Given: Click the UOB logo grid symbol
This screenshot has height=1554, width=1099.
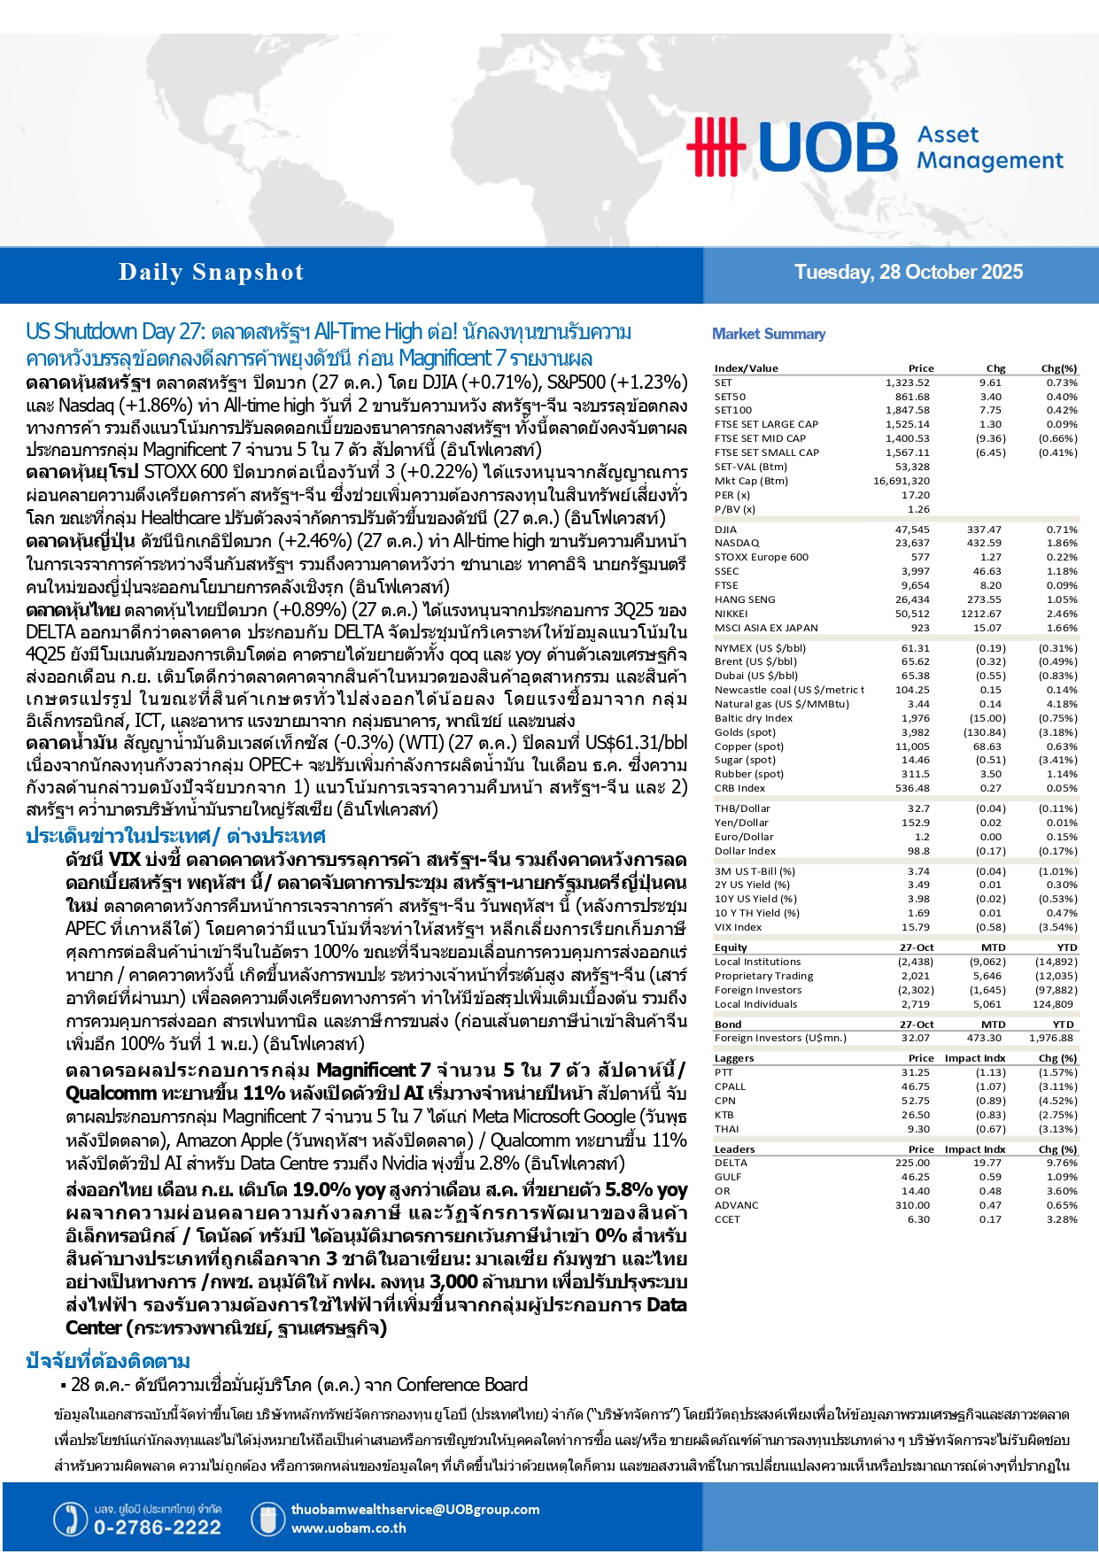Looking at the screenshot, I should coord(716,146).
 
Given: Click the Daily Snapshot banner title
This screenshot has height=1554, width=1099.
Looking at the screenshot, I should coord(211,273).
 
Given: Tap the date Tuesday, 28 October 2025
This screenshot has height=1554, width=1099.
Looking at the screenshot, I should coord(908,273).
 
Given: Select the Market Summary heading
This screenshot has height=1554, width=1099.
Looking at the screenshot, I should coord(769,334).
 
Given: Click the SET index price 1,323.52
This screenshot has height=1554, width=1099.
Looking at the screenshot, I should coord(907,383).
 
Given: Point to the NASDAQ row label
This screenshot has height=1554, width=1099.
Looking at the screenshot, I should coord(737,543).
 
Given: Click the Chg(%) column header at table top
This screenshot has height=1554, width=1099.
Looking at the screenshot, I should coord(1058,368).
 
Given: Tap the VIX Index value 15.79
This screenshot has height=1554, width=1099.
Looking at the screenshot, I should coord(916,927).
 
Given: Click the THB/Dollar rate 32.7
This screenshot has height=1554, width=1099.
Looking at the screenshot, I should coord(918,808).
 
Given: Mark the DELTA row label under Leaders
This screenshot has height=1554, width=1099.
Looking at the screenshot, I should coord(731,1163).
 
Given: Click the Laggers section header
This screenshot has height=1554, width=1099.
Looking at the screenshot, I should coord(734,1058).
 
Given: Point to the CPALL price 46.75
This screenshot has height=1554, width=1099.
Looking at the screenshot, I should coord(916,1086).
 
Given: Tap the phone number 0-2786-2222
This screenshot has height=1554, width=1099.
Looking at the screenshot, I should coord(158,1527).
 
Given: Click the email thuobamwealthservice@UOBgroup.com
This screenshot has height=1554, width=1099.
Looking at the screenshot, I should coord(414,1510).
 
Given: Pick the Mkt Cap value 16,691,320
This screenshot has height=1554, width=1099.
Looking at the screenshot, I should coord(902,481).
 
